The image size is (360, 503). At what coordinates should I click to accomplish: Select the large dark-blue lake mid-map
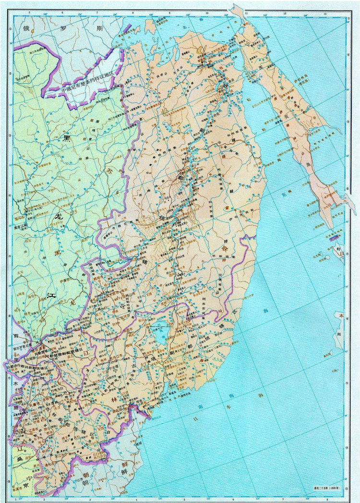(x=159, y=332)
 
